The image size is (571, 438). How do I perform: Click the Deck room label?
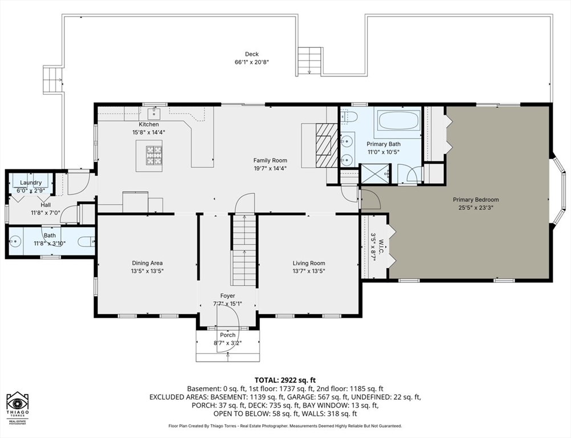click(x=252, y=54)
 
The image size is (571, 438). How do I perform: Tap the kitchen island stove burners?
click(x=154, y=156)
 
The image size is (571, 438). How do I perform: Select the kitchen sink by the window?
click(x=155, y=113)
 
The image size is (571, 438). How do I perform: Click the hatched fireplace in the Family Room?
click(x=327, y=145)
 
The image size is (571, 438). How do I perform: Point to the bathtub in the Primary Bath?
click(x=399, y=120)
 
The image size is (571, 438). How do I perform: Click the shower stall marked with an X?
click(x=374, y=173)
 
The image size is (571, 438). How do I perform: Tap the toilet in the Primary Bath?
click(x=349, y=116)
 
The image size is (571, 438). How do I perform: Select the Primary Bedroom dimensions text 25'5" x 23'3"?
click(x=476, y=208)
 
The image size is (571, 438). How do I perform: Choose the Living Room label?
click(x=309, y=263)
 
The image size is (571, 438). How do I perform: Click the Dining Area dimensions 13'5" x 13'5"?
click(x=147, y=271)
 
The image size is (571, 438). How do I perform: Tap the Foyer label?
click(x=227, y=296)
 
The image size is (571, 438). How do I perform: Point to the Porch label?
click(x=227, y=335)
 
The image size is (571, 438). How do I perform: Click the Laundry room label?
click(x=31, y=182)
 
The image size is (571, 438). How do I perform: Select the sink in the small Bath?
click(x=15, y=241)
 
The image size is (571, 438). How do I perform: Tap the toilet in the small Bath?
click(x=86, y=241)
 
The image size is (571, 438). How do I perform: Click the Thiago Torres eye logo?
click(x=18, y=403)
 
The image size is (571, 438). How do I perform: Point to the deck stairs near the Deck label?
click(x=310, y=60)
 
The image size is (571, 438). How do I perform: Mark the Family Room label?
click(x=270, y=160)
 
